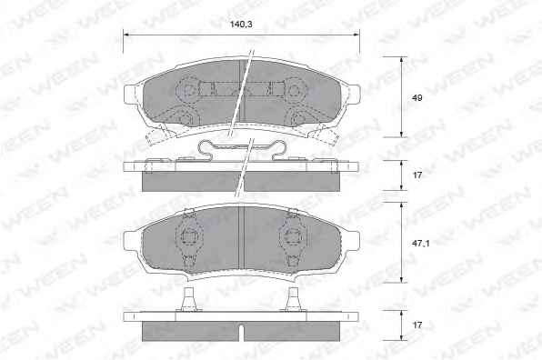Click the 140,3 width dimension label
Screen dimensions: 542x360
(241, 25)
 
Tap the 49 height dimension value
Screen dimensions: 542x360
(417, 98)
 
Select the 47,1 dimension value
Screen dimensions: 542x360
(420, 244)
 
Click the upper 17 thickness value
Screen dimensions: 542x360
(417, 175)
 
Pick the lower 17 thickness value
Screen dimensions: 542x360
(417, 325)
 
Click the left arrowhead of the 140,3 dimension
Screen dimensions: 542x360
(126, 35)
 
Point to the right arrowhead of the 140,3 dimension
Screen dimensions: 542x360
(356, 35)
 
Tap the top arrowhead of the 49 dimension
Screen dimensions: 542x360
(401, 60)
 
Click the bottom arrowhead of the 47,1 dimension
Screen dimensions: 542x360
(401, 279)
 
